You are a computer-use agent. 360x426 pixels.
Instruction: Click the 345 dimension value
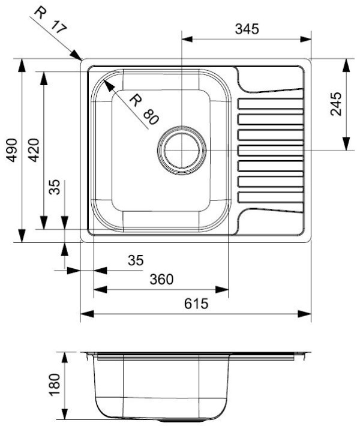pyautogui.click(x=247, y=29)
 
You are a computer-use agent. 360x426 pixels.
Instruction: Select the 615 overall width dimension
pyautogui.click(x=196, y=304)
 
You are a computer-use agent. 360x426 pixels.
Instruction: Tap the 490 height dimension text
pyautogui.click(x=12, y=150)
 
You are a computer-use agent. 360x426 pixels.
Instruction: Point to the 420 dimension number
pyautogui.click(x=34, y=150)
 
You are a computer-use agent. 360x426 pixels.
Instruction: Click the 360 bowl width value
pyautogui.click(x=161, y=279)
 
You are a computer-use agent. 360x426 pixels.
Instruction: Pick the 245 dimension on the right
pyautogui.click(x=336, y=104)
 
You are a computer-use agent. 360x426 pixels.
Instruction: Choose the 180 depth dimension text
pyautogui.click(x=54, y=385)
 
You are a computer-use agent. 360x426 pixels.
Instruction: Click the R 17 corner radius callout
pyautogui.click(x=50, y=20)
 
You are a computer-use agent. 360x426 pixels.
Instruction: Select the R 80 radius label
pyautogui.click(x=144, y=109)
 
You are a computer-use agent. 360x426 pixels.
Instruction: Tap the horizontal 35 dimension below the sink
pyautogui.click(x=136, y=260)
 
